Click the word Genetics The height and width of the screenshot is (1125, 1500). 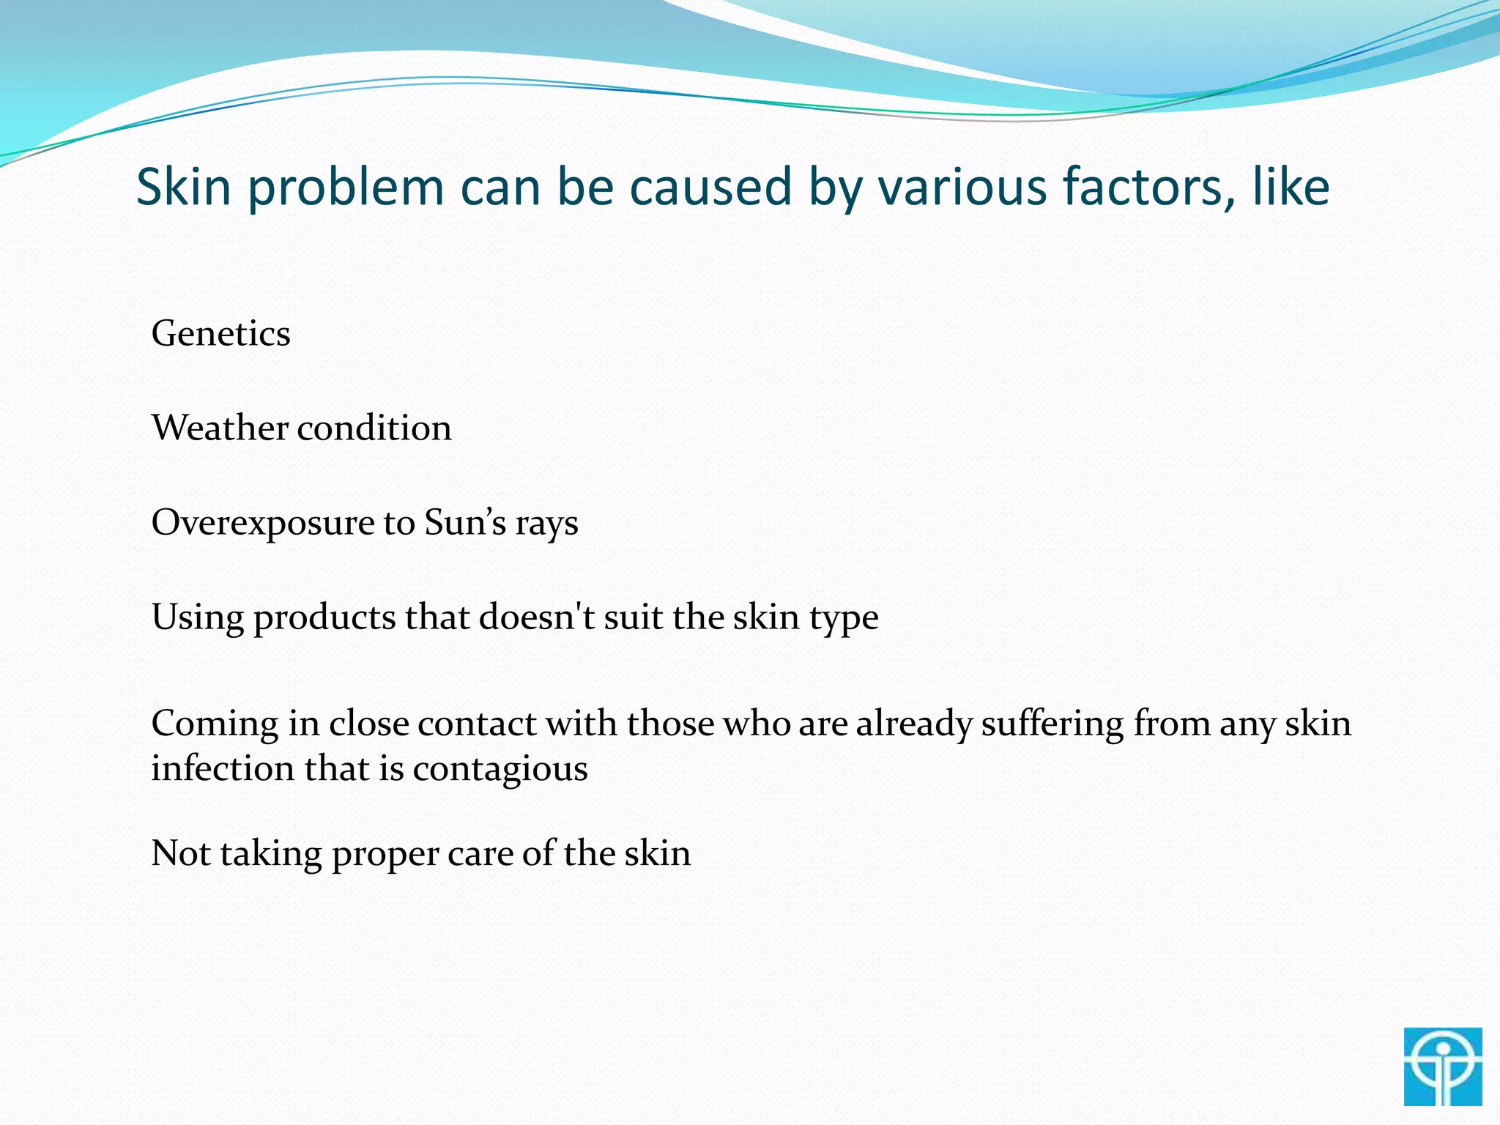220,334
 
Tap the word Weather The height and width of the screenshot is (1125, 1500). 219,428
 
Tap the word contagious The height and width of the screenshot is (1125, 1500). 500,770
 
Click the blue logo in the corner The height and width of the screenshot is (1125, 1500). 1443,1066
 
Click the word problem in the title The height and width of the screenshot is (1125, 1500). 345,187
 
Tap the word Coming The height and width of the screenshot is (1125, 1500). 215,724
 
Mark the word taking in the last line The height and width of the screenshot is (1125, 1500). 270,855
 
